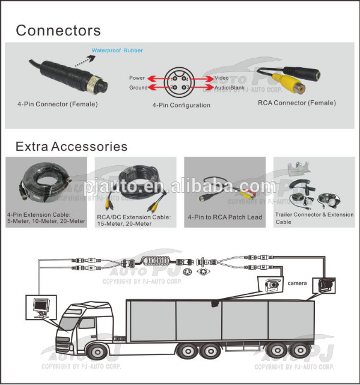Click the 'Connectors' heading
58,31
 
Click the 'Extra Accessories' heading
72,147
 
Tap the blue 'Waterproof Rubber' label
117,50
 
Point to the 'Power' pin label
137,78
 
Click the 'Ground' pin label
138,88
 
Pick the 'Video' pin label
221,78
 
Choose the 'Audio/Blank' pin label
230,88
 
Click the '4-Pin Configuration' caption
182,105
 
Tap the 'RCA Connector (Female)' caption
297,103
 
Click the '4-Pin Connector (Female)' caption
58,104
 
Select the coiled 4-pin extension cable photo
45,183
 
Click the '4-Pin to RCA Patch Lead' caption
225,217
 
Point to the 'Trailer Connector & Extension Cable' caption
314,218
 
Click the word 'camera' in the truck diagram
297,283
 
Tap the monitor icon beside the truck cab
41,308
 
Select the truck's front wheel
97,351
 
